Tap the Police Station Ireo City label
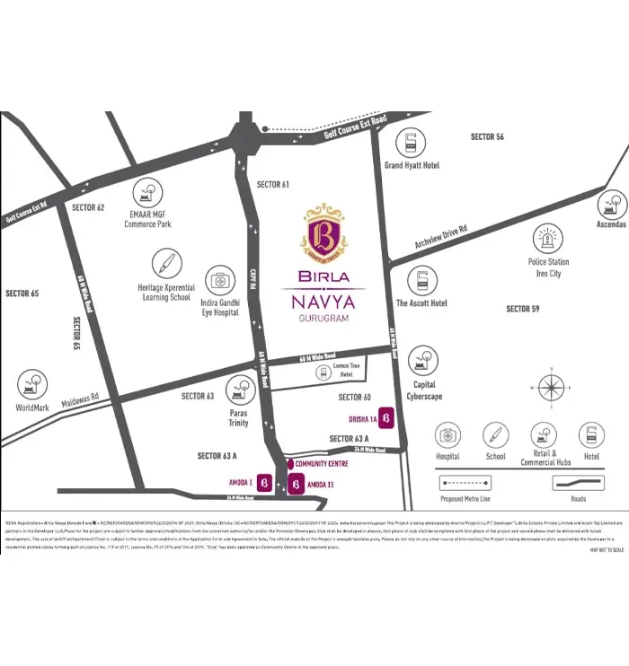pos(548,267)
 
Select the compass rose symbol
pos(550,388)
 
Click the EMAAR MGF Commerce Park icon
pos(147,193)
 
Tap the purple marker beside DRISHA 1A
pos(385,418)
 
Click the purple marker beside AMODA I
pos(265,483)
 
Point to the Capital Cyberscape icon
pos(423,362)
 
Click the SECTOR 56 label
pos(487,136)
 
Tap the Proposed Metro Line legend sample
pos(465,482)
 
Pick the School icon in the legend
pos(495,436)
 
